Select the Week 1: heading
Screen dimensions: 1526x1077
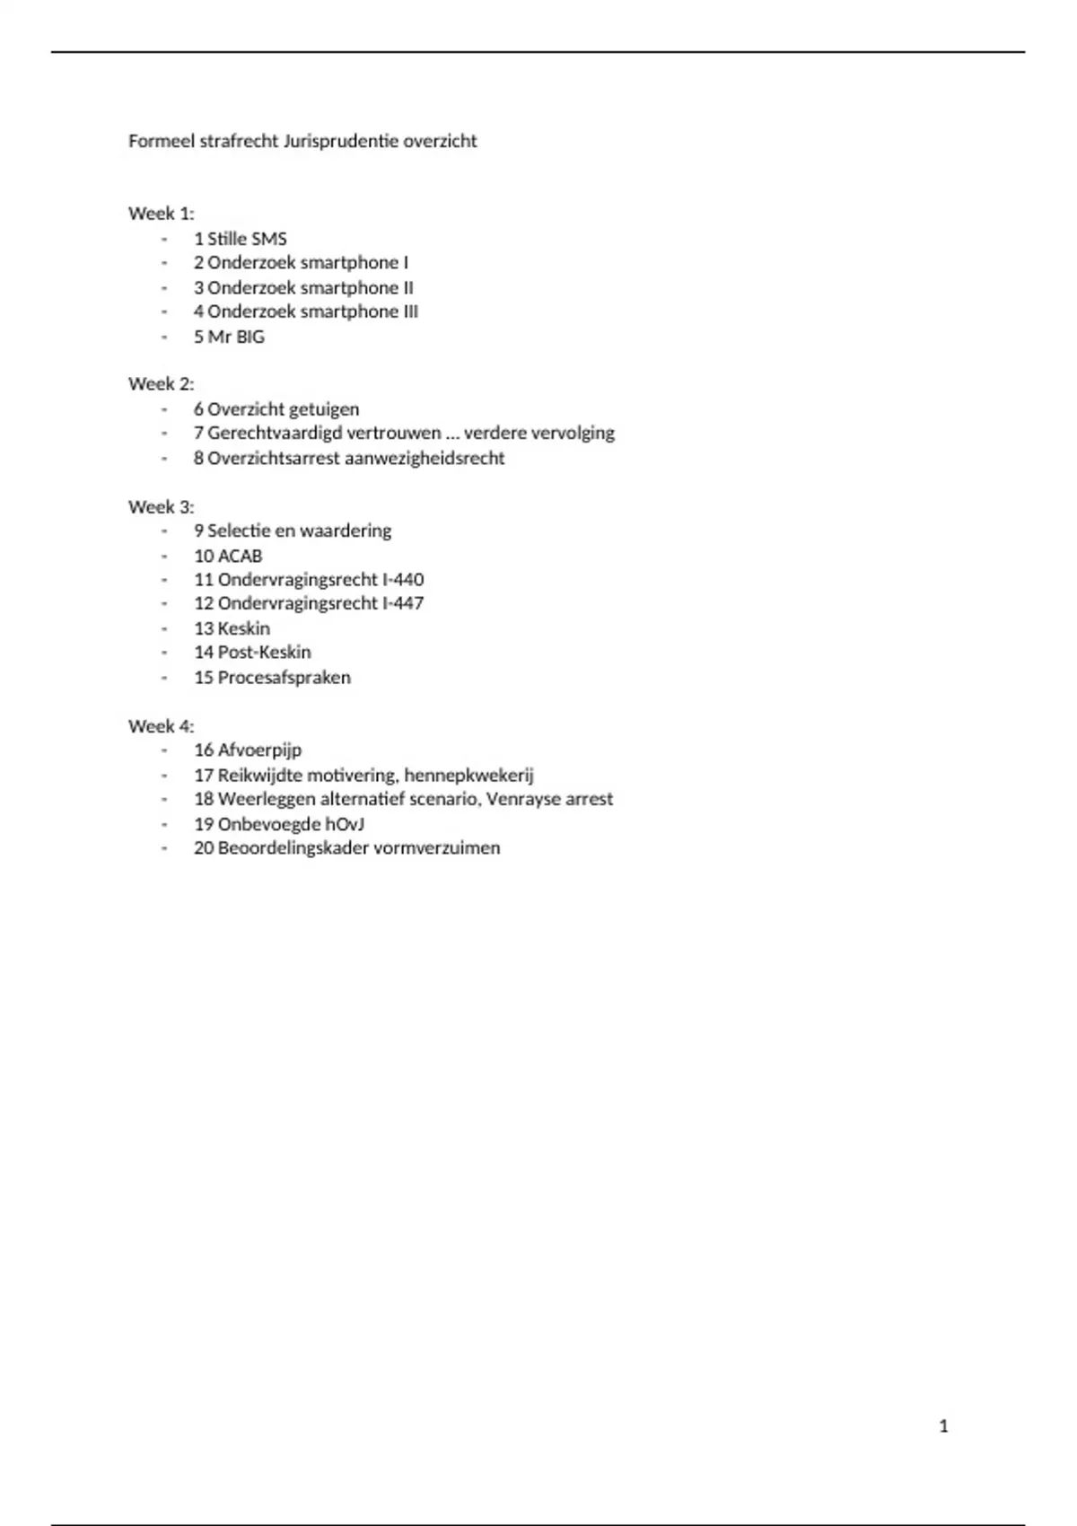[162, 214]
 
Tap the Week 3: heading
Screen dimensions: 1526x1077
[162, 506]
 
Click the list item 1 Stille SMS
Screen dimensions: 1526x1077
[241, 239]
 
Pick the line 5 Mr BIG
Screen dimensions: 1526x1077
[230, 337]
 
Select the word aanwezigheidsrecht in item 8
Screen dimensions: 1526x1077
[425, 458]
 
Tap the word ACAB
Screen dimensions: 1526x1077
[240, 556]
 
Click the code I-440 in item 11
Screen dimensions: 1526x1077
[403, 580]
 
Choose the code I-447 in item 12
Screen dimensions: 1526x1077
[403, 603]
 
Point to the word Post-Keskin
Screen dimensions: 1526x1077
[265, 653]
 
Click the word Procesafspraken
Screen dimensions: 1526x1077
[285, 678]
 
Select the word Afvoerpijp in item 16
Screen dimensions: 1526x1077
[259, 750]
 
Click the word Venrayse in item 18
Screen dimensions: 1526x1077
[524, 799]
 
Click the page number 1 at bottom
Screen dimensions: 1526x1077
[943, 1426]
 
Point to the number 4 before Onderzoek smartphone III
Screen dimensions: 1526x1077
[198, 311]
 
